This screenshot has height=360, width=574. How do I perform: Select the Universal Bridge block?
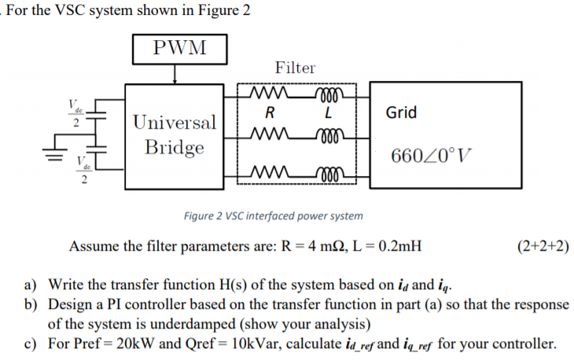174,135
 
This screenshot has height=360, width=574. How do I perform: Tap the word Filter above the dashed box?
295,68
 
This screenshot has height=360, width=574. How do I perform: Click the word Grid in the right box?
401,112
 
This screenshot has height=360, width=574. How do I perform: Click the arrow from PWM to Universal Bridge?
175,73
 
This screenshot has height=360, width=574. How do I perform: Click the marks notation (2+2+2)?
543,246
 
